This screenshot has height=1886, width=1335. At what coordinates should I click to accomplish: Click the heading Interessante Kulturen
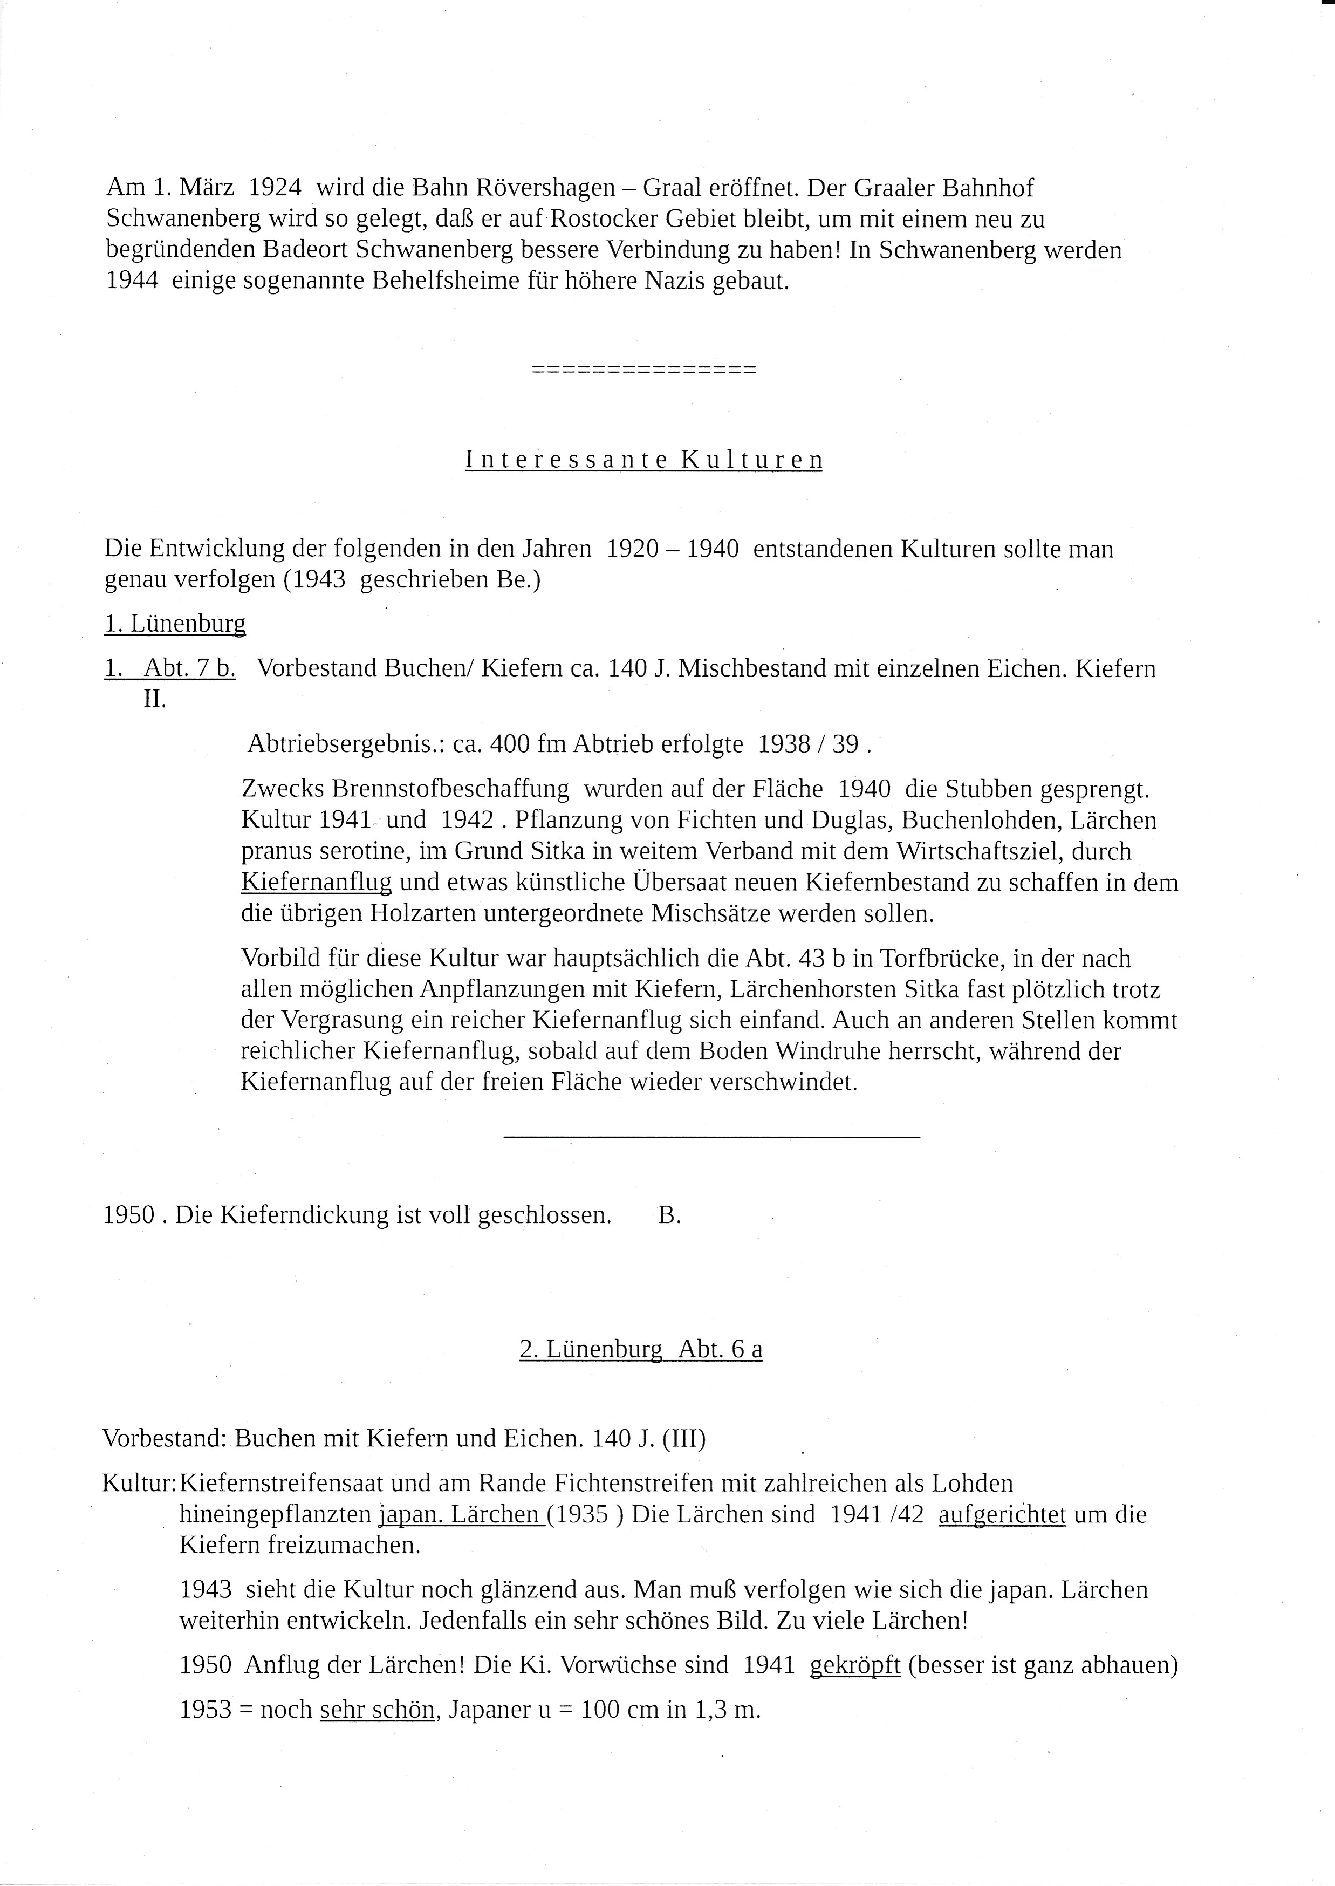(x=643, y=460)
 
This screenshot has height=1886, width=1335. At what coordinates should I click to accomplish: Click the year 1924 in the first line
(x=275, y=188)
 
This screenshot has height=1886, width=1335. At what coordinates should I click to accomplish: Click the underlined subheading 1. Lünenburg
(x=175, y=624)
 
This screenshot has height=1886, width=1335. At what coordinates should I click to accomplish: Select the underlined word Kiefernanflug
(x=317, y=883)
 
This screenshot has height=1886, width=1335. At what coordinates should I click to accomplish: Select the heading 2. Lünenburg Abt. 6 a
(x=640, y=1350)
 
